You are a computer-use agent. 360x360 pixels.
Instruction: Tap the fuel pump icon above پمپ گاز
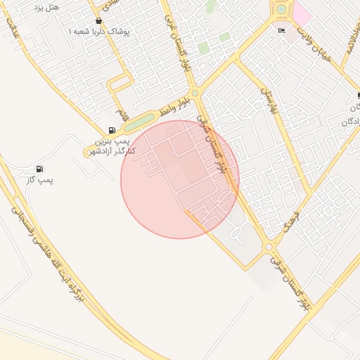pos(39,169)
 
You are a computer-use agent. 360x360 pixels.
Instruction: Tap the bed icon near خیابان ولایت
pos(281,30)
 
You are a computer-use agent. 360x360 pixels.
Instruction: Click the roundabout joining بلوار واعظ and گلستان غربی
pos(195,92)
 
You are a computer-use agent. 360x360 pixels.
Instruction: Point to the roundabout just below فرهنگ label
pos(269,247)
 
